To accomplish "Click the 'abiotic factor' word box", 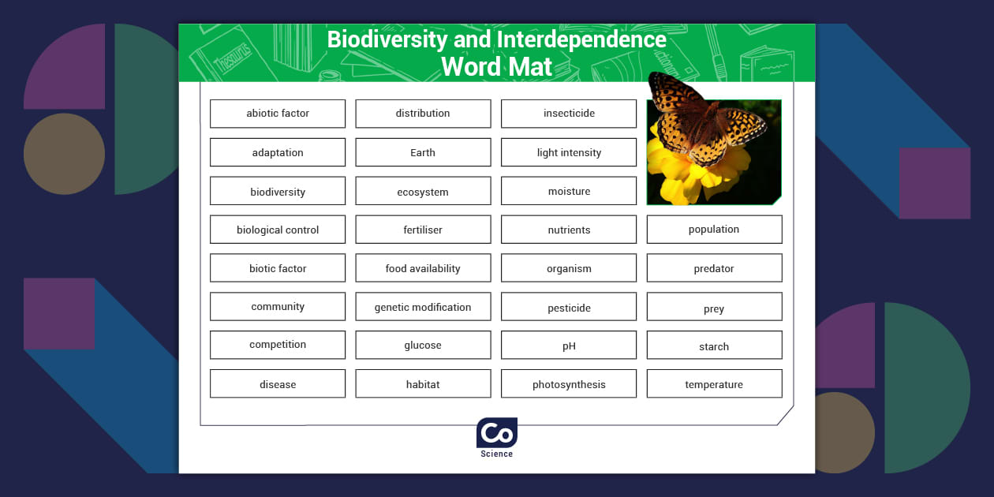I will [x=278, y=114].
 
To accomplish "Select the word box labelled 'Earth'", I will [x=423, y=152].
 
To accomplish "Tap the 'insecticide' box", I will [x=569, y=114].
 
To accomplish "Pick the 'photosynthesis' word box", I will [x=569, y=384].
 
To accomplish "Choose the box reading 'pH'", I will [x=569, y=346].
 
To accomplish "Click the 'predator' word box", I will [x=714, y=268].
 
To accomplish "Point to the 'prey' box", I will [x=714, y=308].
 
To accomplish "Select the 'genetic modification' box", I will [x=423, y=307].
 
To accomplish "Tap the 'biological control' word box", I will [x=278, y=230].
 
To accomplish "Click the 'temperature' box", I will [x=714, y=384].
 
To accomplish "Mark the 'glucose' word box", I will [x=423, y=346].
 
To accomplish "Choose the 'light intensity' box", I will [x=569, y=152].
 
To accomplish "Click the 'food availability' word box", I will [x=423, y=268].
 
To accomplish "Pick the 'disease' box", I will [x=278, y=384].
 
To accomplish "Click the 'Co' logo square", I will [x=497, y=433].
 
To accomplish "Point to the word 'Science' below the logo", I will [x=497, y=454].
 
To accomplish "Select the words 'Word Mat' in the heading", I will [x=497, y=66].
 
